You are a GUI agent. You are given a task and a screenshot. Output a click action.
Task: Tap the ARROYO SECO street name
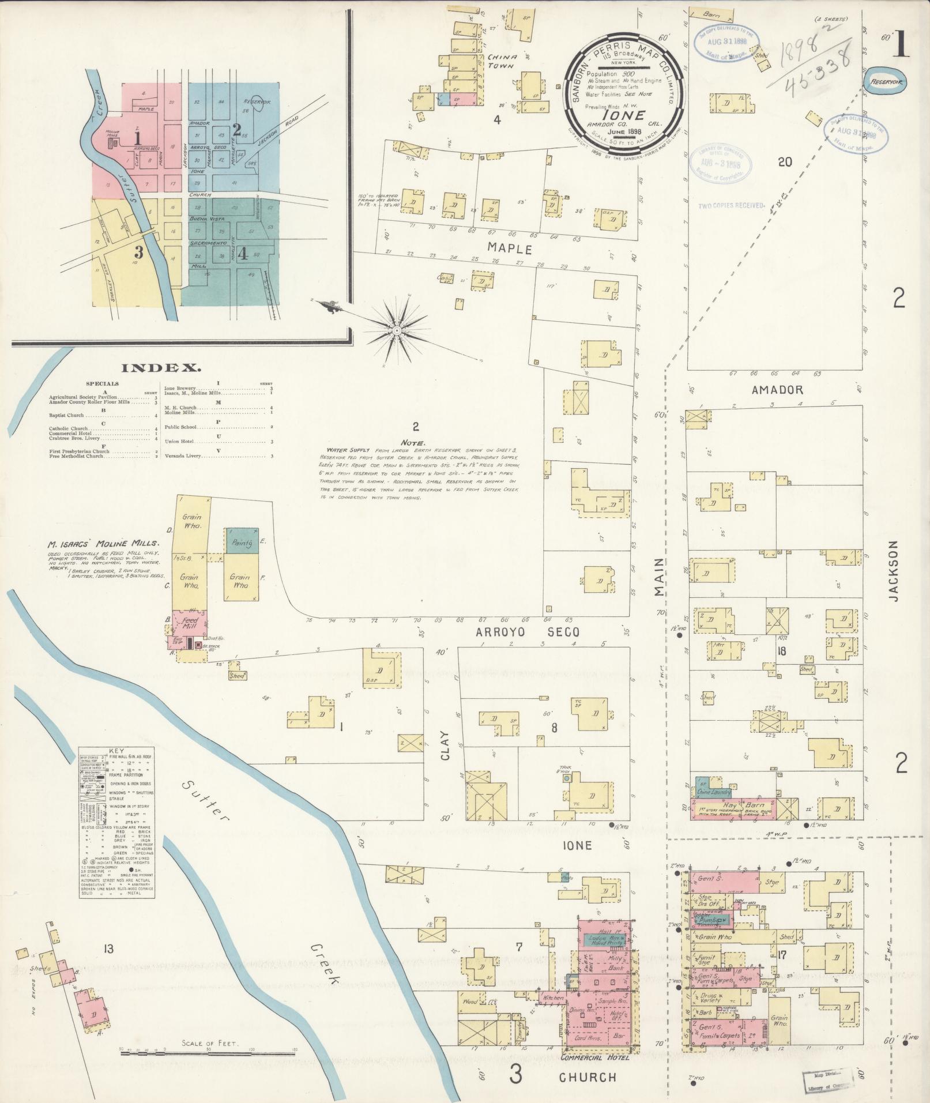coord(527,632)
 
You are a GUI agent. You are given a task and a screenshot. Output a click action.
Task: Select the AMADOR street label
coord(777,390)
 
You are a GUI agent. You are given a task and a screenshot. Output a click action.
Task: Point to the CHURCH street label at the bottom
coord(588,1076)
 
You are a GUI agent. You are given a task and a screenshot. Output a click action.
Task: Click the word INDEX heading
coord(161,367)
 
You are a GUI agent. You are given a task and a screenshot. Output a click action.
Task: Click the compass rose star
coord(397,330)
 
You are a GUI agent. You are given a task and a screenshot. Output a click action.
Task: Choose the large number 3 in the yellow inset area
coord(138,252)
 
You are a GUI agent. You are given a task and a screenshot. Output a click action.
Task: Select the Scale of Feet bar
coord(208,1051)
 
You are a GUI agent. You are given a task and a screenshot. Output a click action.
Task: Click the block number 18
coord(782,652)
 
